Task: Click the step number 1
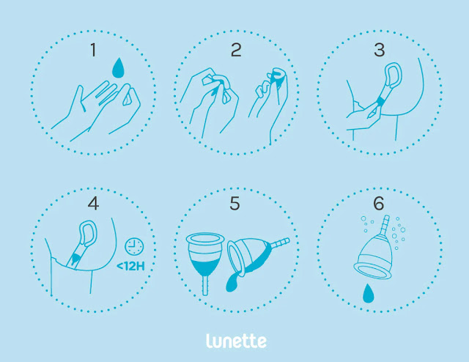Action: [93, 50]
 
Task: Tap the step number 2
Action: [236, 50]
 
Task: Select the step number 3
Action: [380, 50]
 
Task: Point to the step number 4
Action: [93, 204]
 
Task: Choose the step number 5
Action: [234, 204]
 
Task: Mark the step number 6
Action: [379, 204]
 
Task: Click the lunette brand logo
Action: [236, 341]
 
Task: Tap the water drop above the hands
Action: [118, 68]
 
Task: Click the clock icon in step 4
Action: [134, 246]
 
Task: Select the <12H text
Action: [130, 266]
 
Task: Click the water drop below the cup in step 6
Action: [368, 293]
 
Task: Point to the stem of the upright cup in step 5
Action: [205, 286]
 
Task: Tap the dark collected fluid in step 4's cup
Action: [75, 257]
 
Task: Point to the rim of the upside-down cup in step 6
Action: [372, 270]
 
